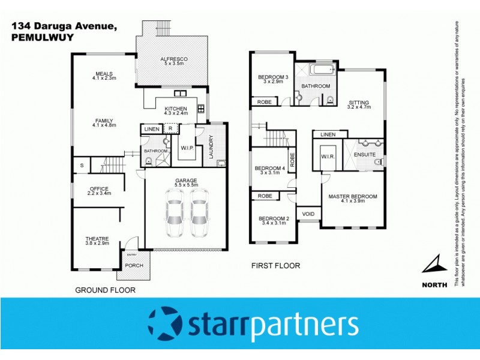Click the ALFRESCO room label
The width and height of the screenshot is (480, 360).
click(x=174, y=59)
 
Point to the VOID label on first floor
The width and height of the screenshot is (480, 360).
click(x=308, y=214)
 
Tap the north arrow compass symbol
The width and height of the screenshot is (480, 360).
click(x=435, y=265)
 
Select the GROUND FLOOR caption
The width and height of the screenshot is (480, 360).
click(x=105, y=290)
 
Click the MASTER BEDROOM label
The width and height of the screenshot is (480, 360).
click(x=353, y=197)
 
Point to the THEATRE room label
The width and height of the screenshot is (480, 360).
click(x=97, y=239)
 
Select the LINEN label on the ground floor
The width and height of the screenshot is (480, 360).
click(x=152, y=129)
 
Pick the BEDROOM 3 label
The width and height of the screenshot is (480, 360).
click(x=273, y=77)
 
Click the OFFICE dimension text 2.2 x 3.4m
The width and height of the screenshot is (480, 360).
click(x=99, y=194)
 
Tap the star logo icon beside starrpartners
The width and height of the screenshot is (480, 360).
click(x=164, y=325)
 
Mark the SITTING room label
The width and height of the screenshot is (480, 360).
click(x=359, y=102)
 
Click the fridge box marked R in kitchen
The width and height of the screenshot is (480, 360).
click(x=170, y=128)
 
